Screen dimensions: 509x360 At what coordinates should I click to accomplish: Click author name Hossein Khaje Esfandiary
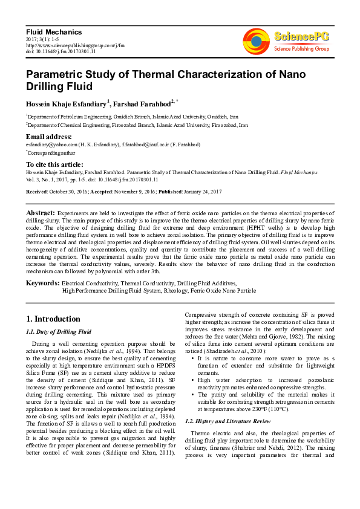coord(66,103)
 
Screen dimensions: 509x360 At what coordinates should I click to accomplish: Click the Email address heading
coord(49,137)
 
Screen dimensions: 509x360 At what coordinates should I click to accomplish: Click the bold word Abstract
coord(40,213)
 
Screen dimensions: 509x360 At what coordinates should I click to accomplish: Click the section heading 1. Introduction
coord(53,319)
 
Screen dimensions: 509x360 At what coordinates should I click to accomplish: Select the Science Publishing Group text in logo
coord(301,48)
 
